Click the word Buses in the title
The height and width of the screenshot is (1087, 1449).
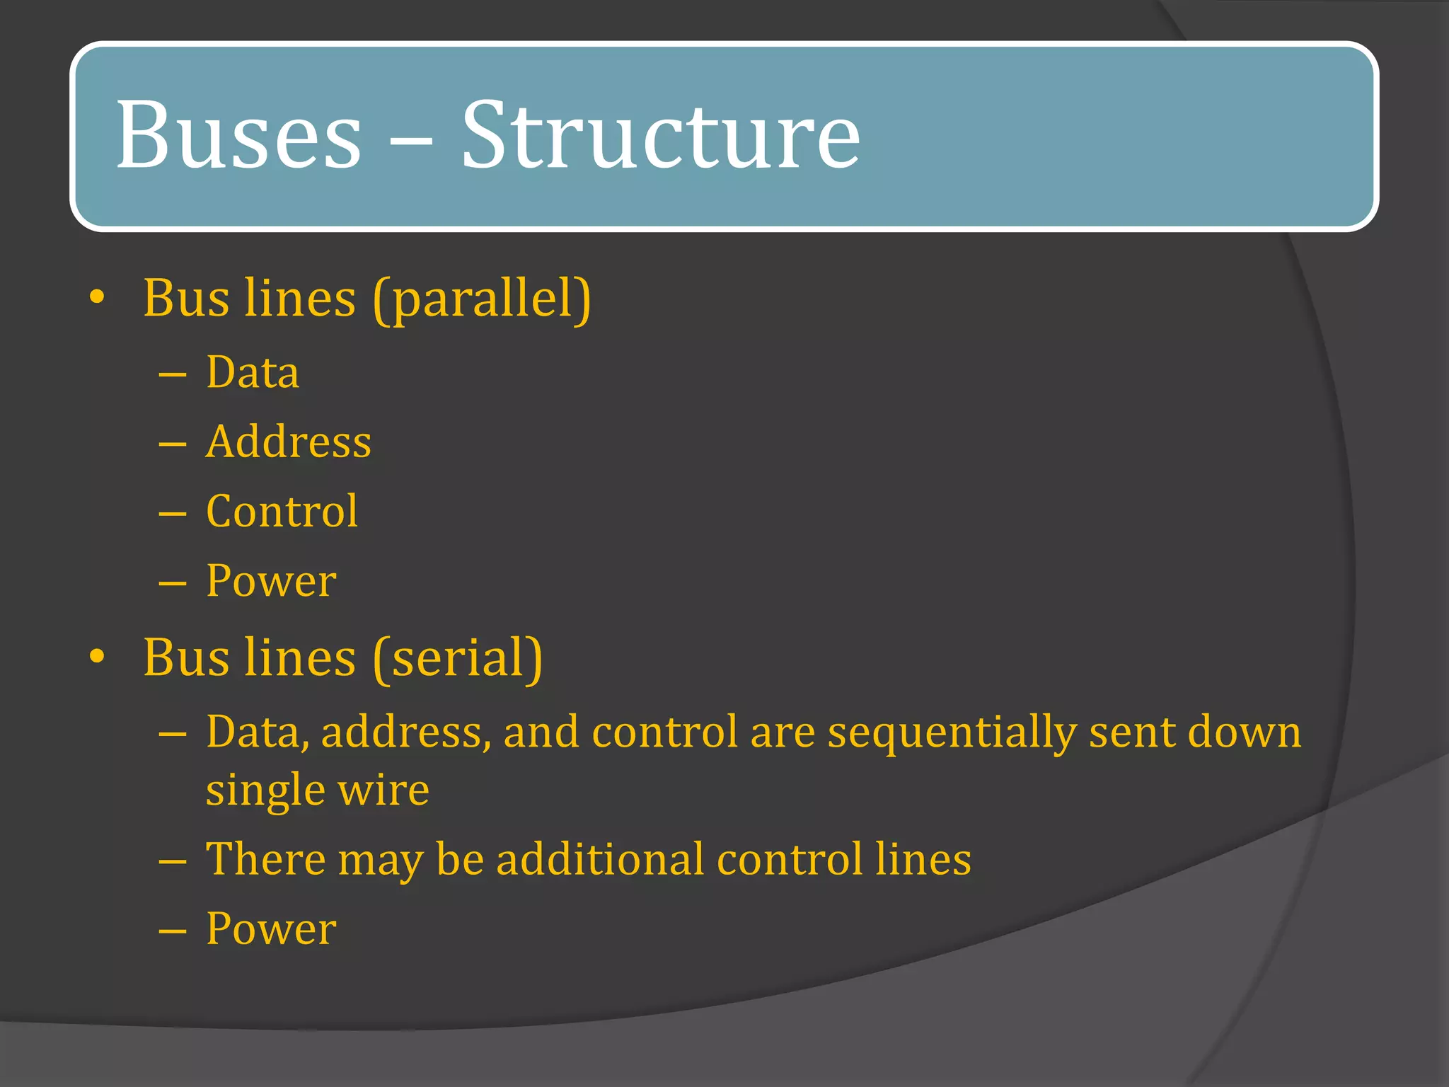pos(238,134)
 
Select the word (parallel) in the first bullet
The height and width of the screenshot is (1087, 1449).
pos(482,299)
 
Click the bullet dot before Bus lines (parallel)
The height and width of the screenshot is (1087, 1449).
pos(98,297)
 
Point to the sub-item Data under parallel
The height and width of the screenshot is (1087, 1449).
pos(253,372)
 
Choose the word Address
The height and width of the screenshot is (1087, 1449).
pos(288,442)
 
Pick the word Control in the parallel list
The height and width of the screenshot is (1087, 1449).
pos(282,511)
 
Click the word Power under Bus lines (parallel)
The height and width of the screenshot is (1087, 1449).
pos(271,581)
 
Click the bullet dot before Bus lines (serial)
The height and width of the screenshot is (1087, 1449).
pos(98,657)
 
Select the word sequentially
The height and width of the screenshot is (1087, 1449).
pos(952,732)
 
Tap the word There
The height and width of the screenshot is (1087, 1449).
pos(265,859)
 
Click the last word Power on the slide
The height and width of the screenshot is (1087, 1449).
pos(271,928)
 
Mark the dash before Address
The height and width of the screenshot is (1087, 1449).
pos(173,444)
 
